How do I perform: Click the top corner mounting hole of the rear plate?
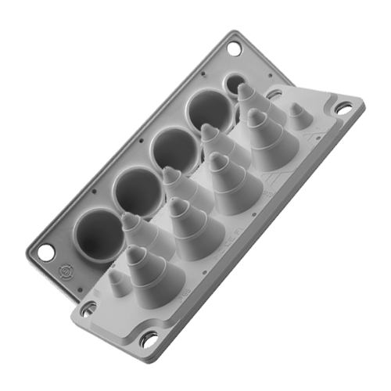pos(234,48)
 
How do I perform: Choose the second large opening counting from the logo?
pos(138,190)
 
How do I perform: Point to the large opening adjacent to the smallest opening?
pos(207,111)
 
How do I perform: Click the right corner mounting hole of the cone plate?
pos(345,109)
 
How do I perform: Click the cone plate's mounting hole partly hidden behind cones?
pos(273,93)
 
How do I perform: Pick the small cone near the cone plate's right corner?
pos(297,117)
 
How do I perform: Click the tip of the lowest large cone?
pos(135,252)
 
